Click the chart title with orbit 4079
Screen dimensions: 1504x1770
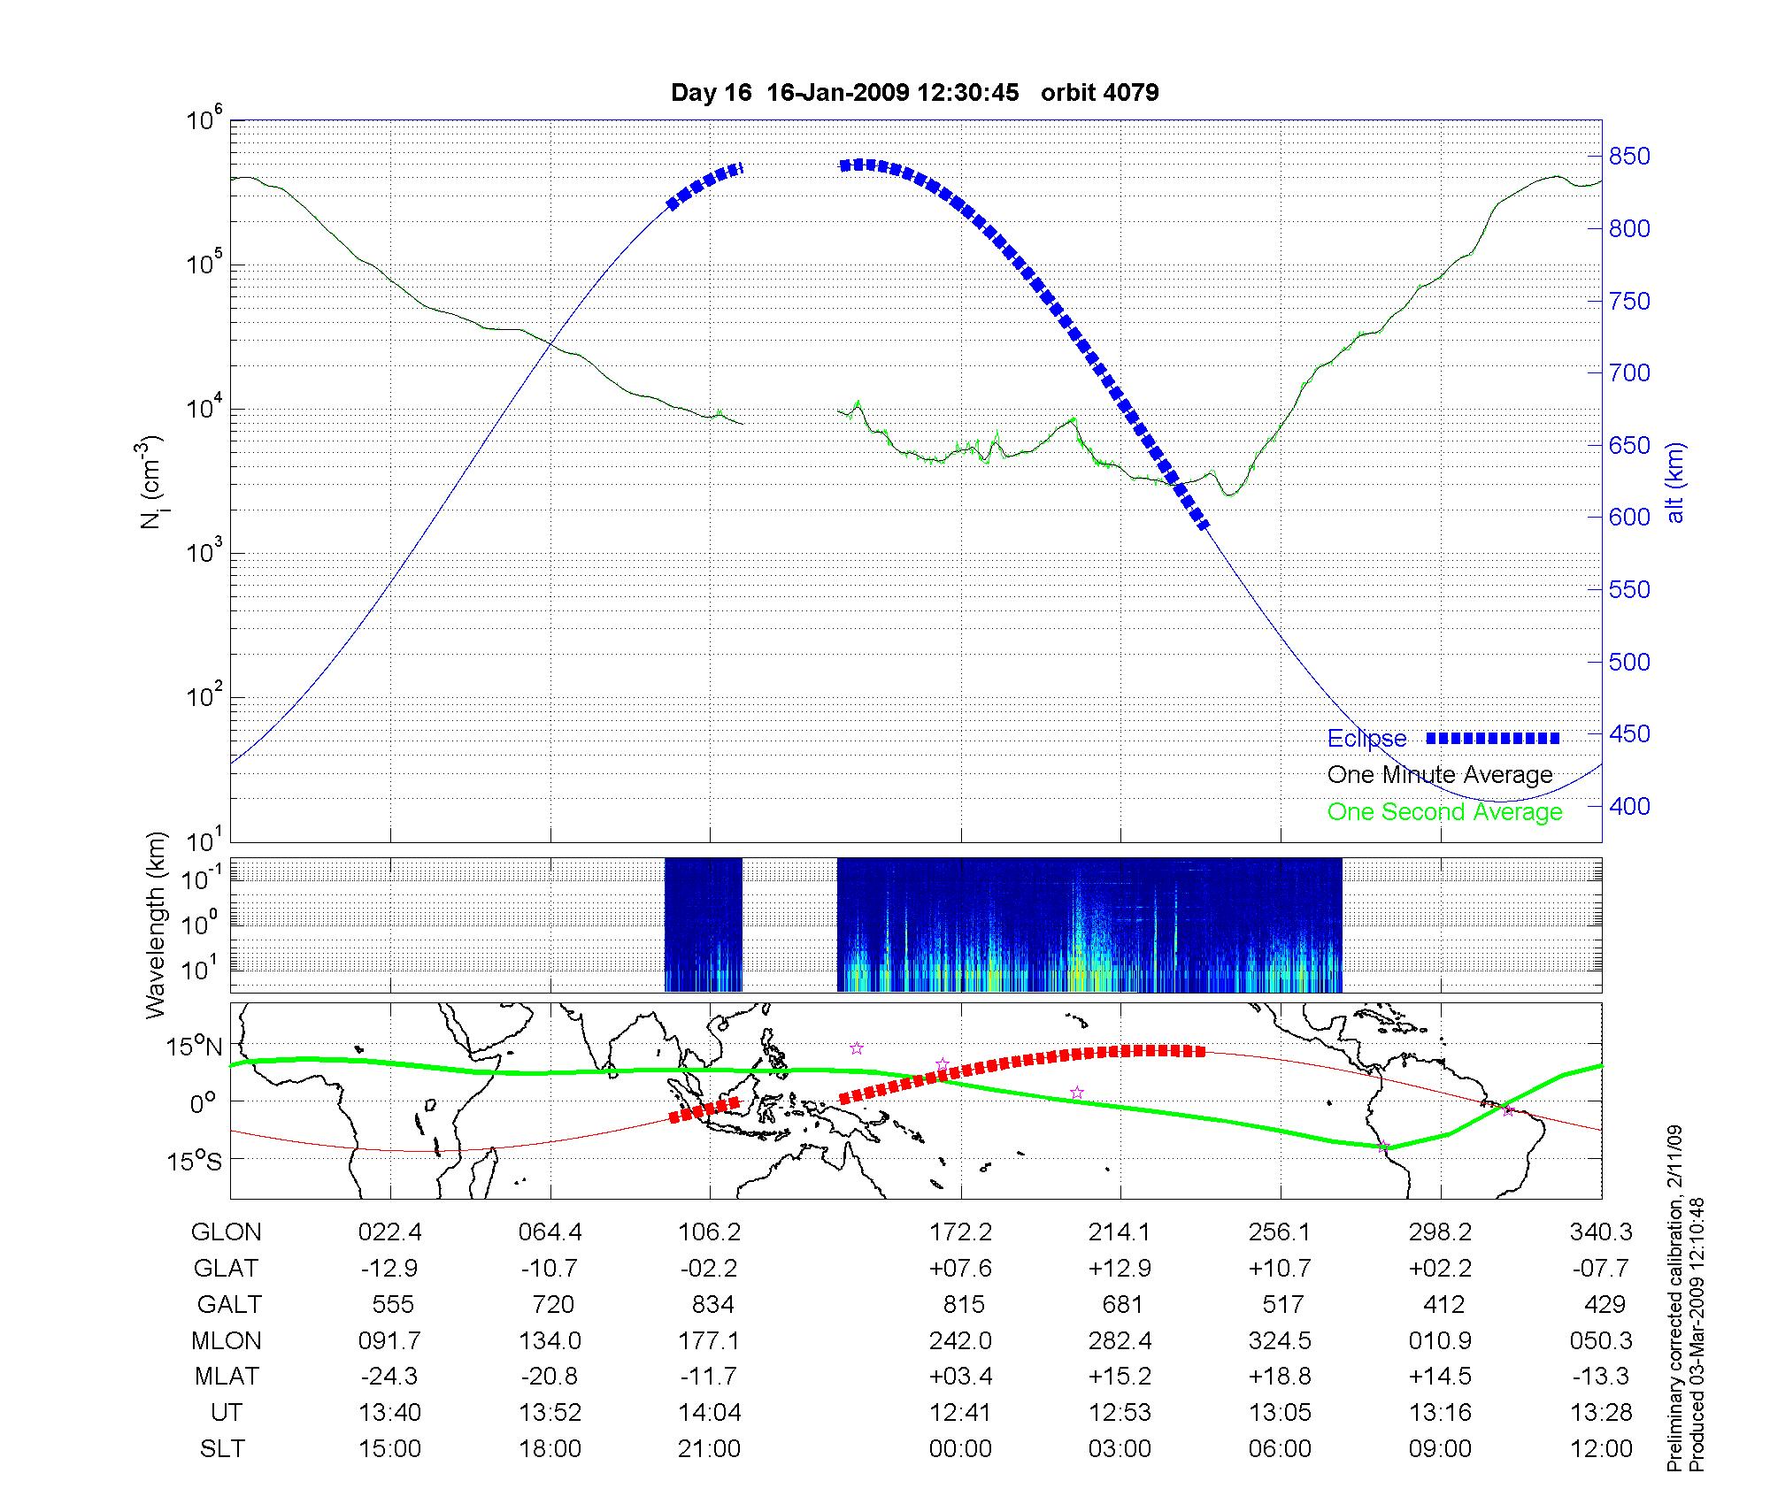[x=914, y=93]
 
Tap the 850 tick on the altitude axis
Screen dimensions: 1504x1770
[x=1629, y=157]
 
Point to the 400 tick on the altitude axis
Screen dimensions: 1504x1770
[x=1629, y=806]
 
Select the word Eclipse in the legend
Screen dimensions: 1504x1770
[x=1366, y=739]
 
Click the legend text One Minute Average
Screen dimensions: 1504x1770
[x=1440, y=775]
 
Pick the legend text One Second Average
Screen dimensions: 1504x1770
[x=1444, y=812]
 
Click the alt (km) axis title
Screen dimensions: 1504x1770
[x=1675, y=482]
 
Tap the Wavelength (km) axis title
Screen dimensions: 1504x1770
[x=156, y=925]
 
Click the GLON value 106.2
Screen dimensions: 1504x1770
[x=709, y=1232]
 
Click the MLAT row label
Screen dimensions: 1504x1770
[x=227, y=1377]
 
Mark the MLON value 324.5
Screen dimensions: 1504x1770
[x=1280, y=1341]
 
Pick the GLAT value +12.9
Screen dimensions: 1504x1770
[x=1120, y=1269]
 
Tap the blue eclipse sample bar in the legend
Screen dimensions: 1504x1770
[x=1492, y=738]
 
